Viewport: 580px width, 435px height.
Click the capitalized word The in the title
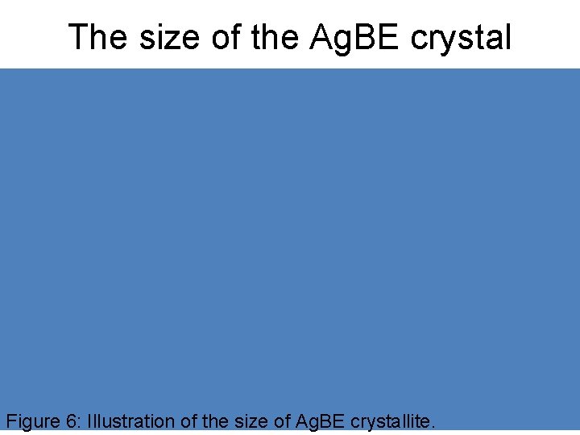coord(94,37)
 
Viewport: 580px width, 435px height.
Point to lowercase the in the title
coord(275,37)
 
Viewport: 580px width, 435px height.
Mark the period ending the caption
coord(433,426)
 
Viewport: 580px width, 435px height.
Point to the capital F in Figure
coord(10,420)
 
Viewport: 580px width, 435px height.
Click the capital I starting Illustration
coord(89,420)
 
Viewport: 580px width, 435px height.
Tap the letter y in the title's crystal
coord(449,40)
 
